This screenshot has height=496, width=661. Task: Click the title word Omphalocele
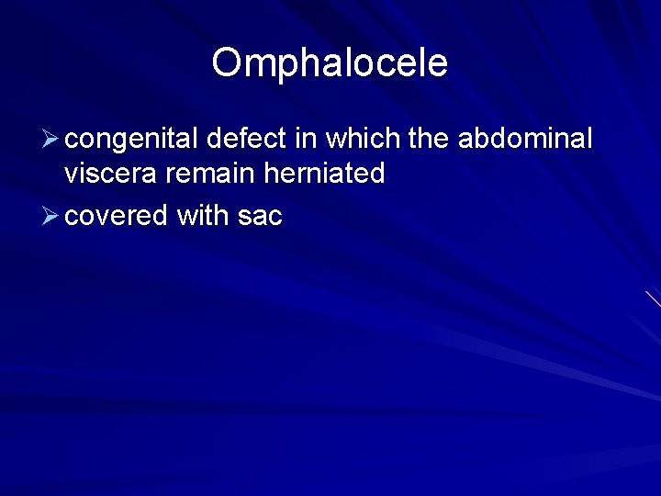[x=330, y=63]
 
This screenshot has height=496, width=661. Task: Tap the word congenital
[x=132, y=140]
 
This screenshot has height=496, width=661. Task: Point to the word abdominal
[x=525, y=139]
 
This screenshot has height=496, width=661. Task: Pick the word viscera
[x=113, y=174]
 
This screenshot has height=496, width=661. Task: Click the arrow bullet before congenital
[x=51, y=141]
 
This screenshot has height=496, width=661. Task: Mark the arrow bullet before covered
[x=51, y=217]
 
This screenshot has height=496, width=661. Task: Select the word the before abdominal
[x=428, y=139]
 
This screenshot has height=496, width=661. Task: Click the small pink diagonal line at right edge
[x=653, y=299]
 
